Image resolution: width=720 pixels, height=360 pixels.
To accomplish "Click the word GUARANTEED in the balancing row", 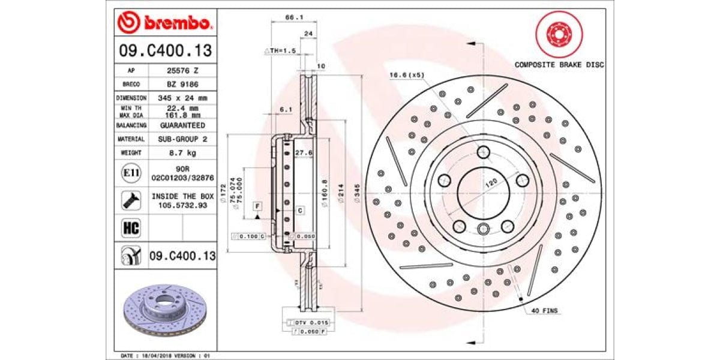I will click(x=182, y=125).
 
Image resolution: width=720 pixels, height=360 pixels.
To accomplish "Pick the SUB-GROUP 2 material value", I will click(x=182, y=139).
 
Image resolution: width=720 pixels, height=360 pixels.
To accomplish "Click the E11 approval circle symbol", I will click(x=131, y=173).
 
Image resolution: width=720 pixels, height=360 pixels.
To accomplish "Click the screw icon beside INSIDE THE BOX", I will click(x=131, y=200).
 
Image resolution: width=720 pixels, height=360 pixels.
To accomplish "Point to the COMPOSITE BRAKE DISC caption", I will click(x=559, y=64).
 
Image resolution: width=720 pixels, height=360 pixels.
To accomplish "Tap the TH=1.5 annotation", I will click(x=282, y=51).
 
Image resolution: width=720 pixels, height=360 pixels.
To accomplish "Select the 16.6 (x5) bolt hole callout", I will click(x=407, y=75).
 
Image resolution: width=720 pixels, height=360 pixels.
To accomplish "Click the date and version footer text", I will click(x=166, y=355).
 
